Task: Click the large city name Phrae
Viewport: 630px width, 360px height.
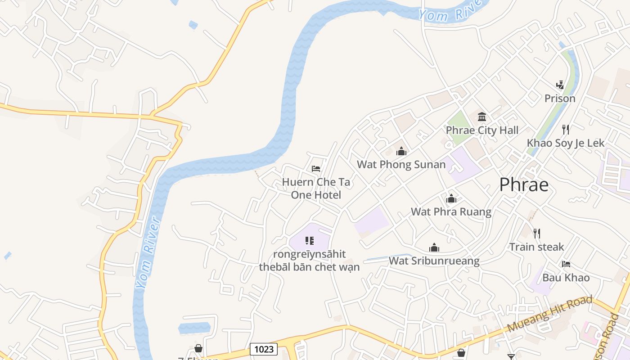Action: click(524, 184)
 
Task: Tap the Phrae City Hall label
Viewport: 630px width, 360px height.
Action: click(482, 130)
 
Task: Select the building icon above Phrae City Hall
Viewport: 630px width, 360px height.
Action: click(482, 117)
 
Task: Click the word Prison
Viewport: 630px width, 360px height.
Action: click(560, 98)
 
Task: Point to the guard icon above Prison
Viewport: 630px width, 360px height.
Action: click(560, 85)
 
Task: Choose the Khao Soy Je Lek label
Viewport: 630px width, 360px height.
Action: click(566, 143)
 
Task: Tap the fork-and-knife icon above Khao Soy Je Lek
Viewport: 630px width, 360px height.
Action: click(566, 130)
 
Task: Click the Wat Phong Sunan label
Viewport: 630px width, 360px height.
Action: click(401, 165)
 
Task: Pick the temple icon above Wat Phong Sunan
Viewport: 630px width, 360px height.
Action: click(401, 151)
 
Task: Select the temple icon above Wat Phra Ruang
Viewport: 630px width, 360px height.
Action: click(451, 198)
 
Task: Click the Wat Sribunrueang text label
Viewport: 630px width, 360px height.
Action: click(434, 261)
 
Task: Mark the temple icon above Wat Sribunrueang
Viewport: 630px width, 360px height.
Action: click(434, 247)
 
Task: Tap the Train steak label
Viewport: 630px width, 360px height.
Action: click(536, 247)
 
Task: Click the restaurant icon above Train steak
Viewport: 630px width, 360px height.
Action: click(536, 233)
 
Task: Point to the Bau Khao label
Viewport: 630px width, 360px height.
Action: click(566, 277)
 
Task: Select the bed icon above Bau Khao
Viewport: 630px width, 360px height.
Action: click(566, 264)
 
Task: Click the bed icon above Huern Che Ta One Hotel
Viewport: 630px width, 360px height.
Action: click(316, 169)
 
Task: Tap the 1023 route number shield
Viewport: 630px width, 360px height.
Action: click(264, 349)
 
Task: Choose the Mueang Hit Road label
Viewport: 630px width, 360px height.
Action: click(550, 314)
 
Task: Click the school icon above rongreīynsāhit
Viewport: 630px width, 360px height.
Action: click(309, 241)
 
